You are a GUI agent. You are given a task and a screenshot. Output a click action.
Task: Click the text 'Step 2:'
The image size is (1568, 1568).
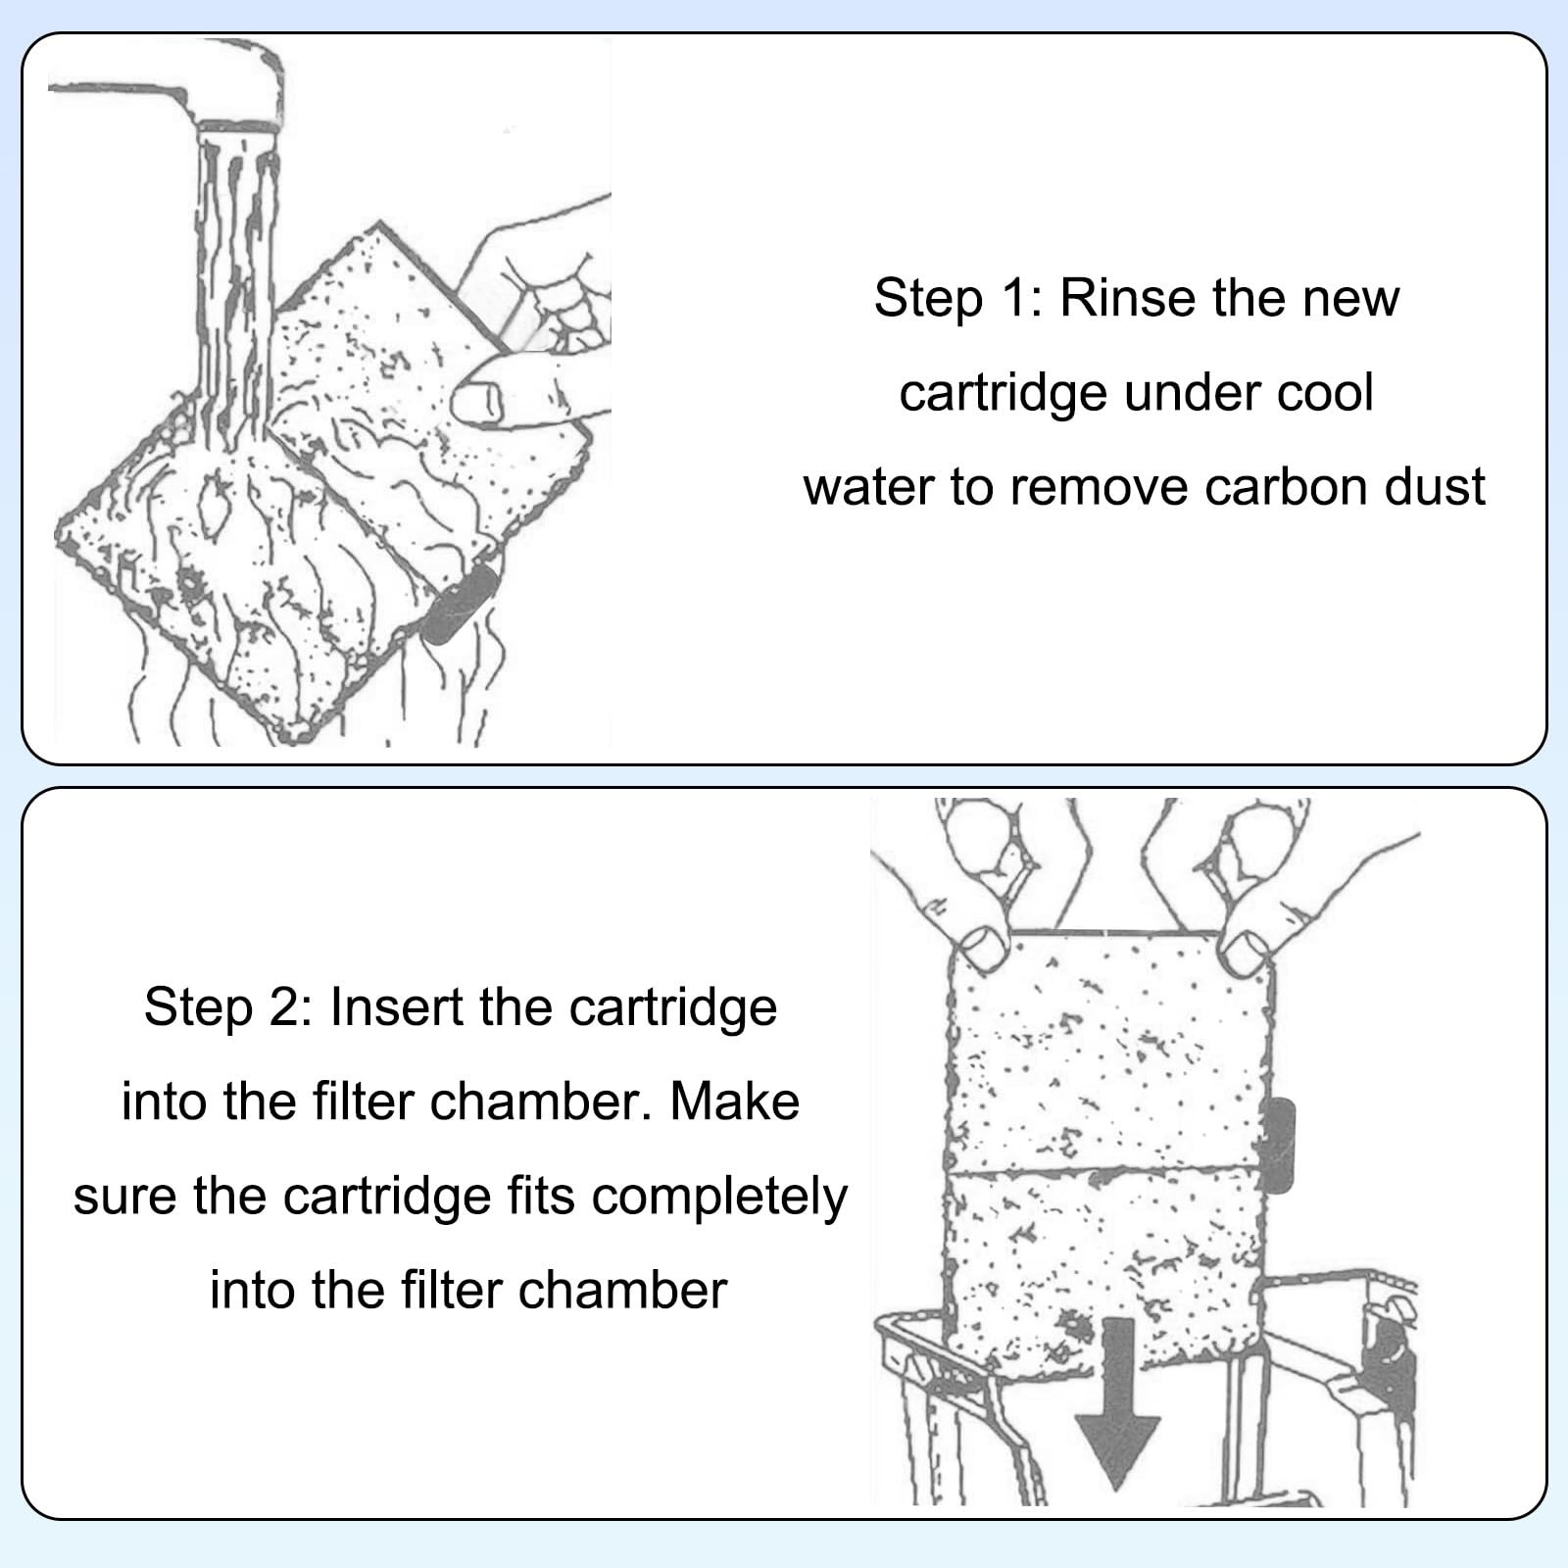227,1006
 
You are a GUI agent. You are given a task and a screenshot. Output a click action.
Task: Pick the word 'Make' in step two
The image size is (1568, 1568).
735,1101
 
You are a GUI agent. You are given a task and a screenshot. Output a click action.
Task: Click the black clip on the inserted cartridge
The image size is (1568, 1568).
1280,1145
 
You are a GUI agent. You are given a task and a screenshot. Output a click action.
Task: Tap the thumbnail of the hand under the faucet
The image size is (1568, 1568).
478,400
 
